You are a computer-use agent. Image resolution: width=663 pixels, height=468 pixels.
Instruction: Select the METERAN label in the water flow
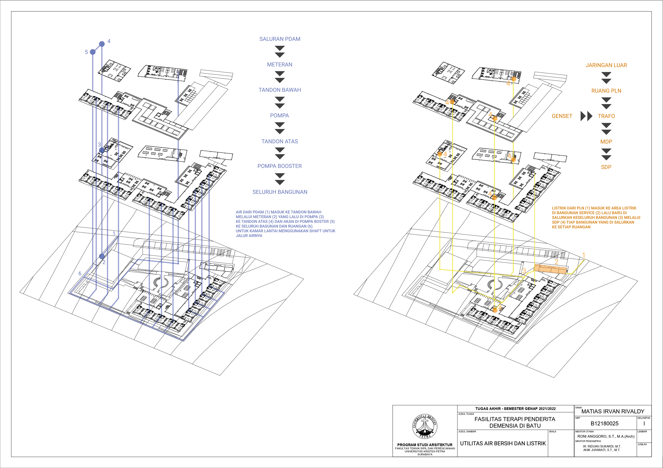click(280, 65)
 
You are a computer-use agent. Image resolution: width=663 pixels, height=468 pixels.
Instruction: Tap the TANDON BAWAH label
click(280, 90)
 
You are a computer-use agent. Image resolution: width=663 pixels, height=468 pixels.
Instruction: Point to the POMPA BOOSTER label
click(280, 166)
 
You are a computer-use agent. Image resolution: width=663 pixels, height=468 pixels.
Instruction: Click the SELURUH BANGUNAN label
click(280, 192)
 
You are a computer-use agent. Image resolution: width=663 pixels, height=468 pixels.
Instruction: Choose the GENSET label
click(562, 116)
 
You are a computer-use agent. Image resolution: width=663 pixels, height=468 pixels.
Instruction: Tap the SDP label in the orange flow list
click(606, 167)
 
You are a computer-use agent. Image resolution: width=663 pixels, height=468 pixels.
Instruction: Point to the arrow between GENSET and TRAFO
click(586, 116)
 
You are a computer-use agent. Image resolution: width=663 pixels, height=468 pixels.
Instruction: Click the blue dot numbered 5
click(93, 52)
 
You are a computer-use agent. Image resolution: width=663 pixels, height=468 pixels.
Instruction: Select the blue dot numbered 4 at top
click(102, 44)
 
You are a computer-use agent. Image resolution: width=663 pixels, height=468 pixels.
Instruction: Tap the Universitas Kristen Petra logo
click(424, 426)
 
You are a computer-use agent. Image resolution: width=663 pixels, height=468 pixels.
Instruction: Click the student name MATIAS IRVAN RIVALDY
click(613, 411)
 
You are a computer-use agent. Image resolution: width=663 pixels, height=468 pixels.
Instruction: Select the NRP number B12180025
click(604, 424)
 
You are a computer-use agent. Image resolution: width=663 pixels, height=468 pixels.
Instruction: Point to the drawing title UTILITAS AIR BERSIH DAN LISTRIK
click(503, 443)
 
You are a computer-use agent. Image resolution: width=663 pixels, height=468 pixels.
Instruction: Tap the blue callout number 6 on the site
click(80, 273)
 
